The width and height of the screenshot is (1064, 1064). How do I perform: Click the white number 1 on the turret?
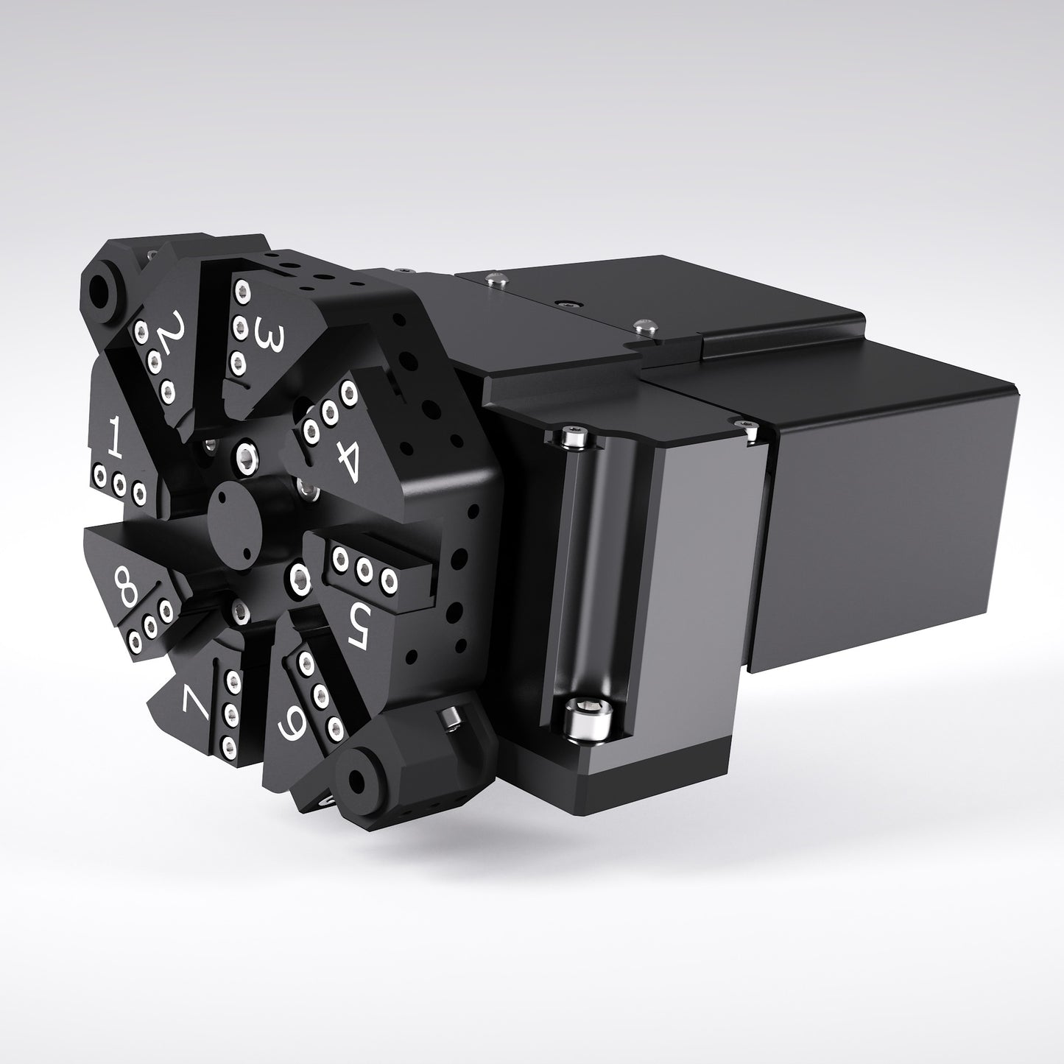pos(114,435)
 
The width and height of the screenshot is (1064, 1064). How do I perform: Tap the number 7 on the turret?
pos(197,705)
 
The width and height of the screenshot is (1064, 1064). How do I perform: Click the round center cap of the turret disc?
pos(233,513)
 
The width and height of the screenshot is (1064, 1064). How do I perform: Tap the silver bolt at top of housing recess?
pos(575,439)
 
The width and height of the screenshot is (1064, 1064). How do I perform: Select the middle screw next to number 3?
pos(238,325)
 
